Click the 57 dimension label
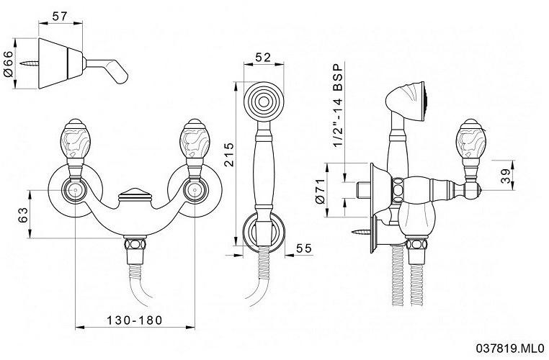tap(60, 16)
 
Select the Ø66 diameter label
tap(8, 63)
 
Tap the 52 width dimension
tap(263, 57)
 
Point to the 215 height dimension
tap(228, 154)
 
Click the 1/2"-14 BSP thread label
tap(337, 106)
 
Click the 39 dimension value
tap(505, 176)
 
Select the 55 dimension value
tap(303, 248)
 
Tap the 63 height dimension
tap(22, 215)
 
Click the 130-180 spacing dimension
tap(135, 320)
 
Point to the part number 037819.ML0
tap(510, 348)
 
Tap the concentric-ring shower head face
tap(264, 102)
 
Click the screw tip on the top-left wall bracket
tap(21, 63)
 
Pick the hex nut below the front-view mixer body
tap(135, 244)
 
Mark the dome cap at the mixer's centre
tap(135, 194)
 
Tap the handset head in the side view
tap(406, 101)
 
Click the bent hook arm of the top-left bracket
tap(107, 71)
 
